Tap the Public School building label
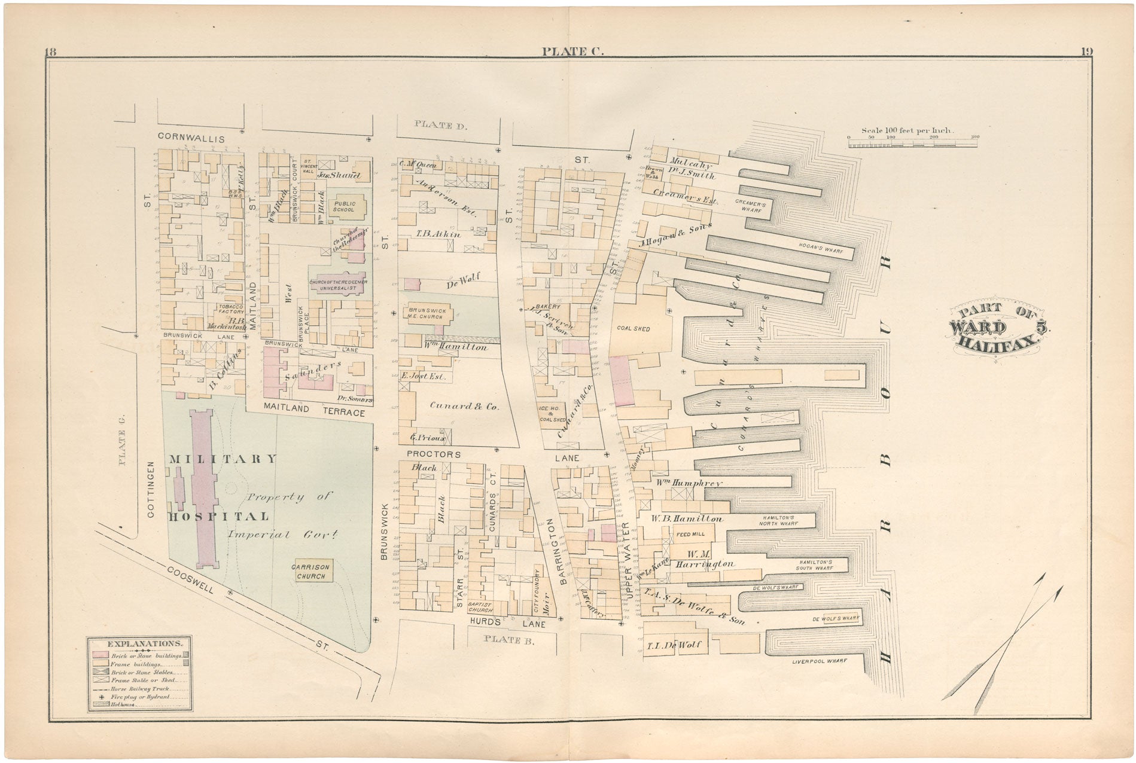[x=345, y=207]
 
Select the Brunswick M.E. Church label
[x=426, y=313]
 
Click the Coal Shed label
[x=633, y=329]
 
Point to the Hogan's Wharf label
[x=820, y=251]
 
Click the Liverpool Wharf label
[x=819, y=661]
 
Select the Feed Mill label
[x=690, y=534]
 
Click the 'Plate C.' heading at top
[x=572, y=51]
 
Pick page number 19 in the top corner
[x=1086, y=52]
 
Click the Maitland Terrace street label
[x=313, y=412]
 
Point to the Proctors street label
[x=434, y=454]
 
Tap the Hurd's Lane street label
[x=507, y=623]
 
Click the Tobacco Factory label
[x=231, y=309]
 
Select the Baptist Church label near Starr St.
[x=480, y=607]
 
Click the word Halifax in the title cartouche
[x=995, y=341]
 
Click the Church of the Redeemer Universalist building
[x=338, y=285]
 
